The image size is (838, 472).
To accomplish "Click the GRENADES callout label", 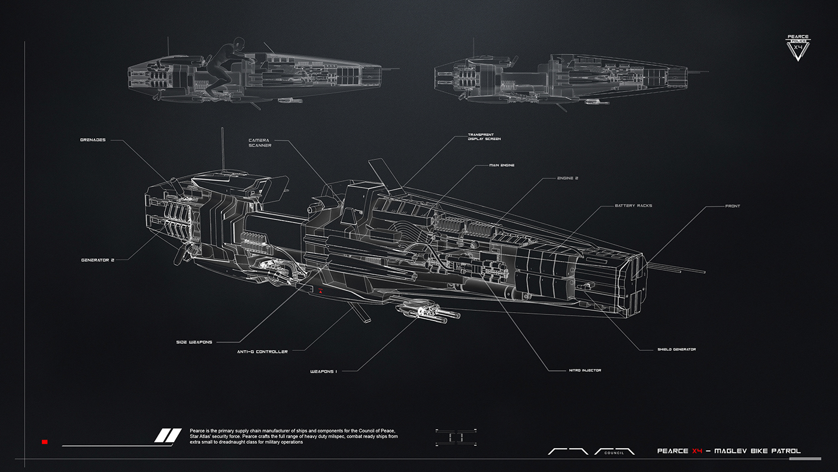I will pyautogui.click(x=93, y=141).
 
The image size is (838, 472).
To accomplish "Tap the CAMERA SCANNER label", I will pyautogui.click(x=260, y=143).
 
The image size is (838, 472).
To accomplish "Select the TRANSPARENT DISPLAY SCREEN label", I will pyautogui.click(x=484, y=137).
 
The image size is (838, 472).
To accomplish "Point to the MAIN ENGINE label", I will pyautogui.click(x=502, y=165).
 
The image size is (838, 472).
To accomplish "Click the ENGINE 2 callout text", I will pyautogui.click(x=567, y=178).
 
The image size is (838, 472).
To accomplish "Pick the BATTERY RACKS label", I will pyautogui.click(x=633, y=205).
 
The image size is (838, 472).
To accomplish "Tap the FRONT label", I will pyautogui.click(x=733, y=206).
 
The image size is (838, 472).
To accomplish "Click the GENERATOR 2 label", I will pyautogui.click(x=98, y=260).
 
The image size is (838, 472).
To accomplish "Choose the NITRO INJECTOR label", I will pyautogui.click(x=585, y=370).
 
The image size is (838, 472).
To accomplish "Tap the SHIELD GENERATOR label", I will pyautogui.click(x=676, y=349).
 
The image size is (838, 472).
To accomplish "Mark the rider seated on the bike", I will pyautogui.click(x=223, y=66).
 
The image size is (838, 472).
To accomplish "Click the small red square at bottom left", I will pyautogui.click(x=44, y=442).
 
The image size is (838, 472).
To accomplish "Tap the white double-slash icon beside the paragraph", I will pyautogui.click(x=168, y=435).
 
